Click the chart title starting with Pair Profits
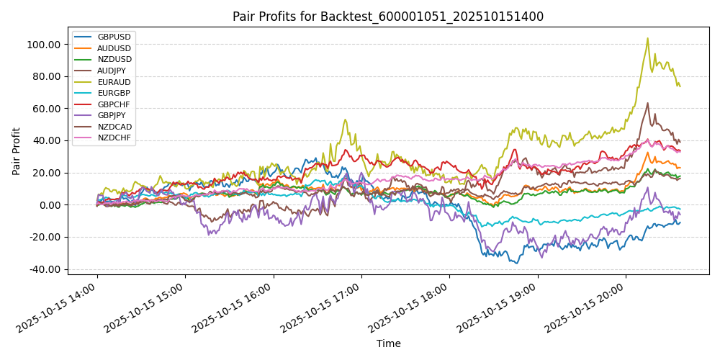point(388,17)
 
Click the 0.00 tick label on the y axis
point(50,205)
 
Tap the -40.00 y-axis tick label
point(45,269)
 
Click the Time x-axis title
point(388,344)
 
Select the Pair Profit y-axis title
point(17,151)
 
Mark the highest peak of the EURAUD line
point(647,38)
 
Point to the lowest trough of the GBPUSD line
point(516,263)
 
